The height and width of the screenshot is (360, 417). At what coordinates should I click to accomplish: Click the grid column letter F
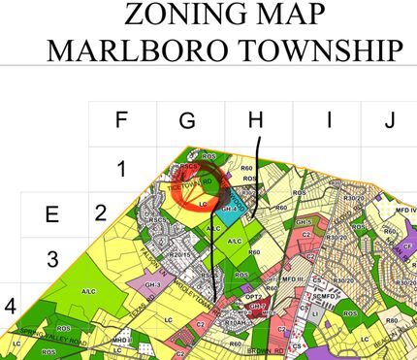click(120, 120)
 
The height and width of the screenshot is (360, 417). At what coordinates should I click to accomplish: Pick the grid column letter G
click(187, 120)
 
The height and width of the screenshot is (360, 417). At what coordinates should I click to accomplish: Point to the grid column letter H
click(256, 120)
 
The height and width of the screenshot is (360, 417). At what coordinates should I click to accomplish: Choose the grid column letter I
click(328, 120)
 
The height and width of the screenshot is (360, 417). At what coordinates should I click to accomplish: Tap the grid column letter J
click(389, 120)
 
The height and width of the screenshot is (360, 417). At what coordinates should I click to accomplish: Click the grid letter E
click(52, 215)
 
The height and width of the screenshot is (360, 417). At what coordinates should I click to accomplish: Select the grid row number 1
click(121, 170)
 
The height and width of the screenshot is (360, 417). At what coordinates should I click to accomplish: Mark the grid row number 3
click(52, 260)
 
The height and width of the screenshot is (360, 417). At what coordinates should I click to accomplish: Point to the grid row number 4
click(10, 307)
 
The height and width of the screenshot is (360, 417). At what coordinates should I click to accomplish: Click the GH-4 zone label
click(230, 207)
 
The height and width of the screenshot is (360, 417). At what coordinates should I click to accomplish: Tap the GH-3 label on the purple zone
click(151, 285)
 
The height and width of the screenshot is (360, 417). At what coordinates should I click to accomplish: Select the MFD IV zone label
click(405, 211)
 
